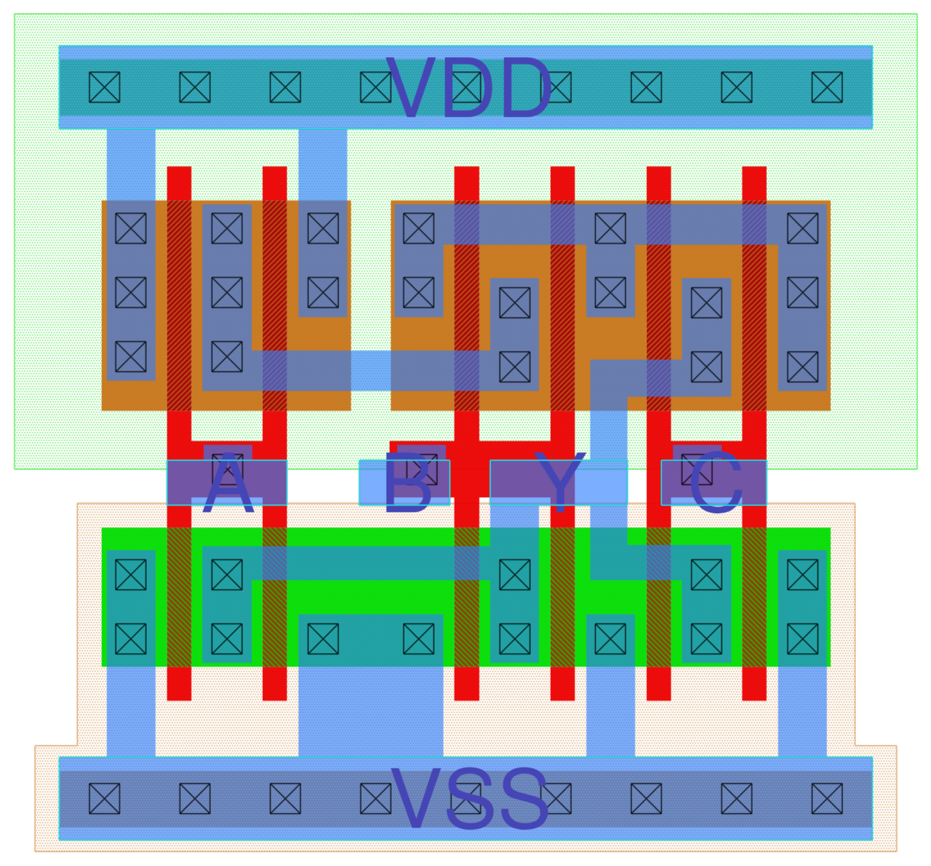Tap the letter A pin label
coord(228,484)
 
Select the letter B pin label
coord(407,484)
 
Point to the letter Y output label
coord(560,482)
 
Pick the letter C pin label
coord(716,484)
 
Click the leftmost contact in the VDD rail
coord(105,87)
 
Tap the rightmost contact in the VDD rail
coord(826,87)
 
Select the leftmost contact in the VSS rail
coord(105,799)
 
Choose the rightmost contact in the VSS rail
coord(826,799)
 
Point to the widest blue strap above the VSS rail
coord(370,712)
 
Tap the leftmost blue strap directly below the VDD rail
coord(131,164)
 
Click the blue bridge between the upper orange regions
coord(371,371)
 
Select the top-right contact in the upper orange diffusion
coord(802,228)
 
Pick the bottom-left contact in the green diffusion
coord(131,638)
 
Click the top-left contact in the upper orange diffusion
coord(131,228)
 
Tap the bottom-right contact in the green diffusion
coord(802,638)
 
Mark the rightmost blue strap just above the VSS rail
coord(802,712)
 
